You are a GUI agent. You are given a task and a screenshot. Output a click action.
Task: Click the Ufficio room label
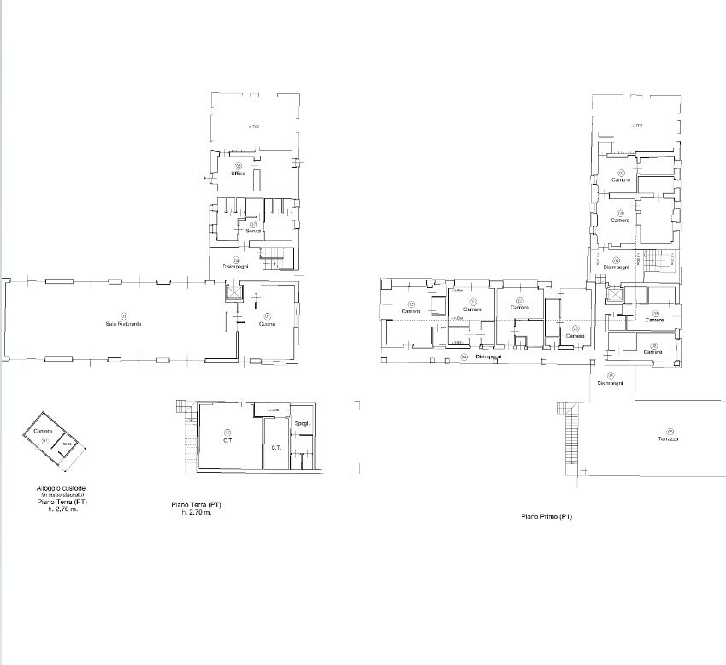[238, 174]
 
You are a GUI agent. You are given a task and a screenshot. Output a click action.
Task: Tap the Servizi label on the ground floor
[253, 232]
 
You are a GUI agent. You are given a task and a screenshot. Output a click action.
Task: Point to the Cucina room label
[268, 324]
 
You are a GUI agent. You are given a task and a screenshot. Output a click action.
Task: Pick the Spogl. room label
[301, 424]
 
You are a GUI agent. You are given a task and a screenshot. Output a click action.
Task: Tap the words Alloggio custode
[55, 489]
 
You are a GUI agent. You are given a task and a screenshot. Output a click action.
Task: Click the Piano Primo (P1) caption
[546, 517]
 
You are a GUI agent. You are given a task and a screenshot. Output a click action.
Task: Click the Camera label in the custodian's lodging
[44, 431]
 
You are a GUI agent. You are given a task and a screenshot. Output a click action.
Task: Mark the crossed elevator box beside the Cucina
[232, 291]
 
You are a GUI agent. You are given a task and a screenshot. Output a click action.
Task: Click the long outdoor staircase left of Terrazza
[569, 436]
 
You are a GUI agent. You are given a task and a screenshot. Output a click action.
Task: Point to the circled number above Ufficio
[239, 166]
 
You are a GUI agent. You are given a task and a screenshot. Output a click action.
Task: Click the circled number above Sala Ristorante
[124, 315]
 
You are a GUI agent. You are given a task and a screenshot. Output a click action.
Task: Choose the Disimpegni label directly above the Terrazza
[610, 383]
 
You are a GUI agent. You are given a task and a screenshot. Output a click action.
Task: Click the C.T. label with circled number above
[228, 439]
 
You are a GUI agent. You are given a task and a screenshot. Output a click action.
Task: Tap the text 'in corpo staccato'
[55, 496]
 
